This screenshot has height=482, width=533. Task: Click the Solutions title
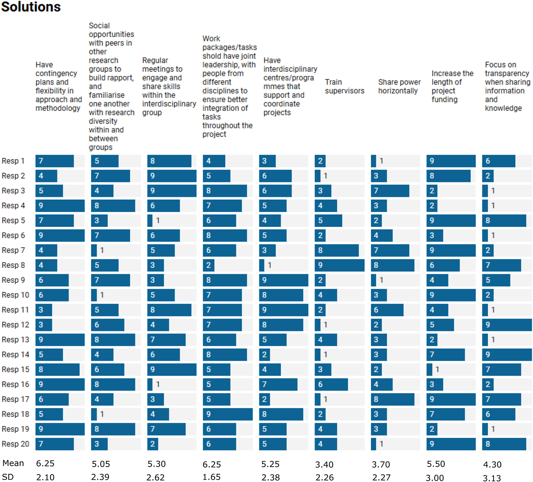click(31, 7)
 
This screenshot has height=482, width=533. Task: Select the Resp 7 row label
click(13, 250)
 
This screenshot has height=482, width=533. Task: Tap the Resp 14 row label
click(15, 354)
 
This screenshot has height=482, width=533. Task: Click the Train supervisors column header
click(344, 86)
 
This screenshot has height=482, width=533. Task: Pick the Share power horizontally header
click(399, 86)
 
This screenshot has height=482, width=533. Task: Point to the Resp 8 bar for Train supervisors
click(339, 265)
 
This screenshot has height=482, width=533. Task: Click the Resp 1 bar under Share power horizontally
click(373, 161)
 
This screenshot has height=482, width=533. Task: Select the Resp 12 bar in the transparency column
click(507, 325)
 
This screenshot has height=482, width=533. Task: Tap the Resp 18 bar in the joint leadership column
click(227, 414)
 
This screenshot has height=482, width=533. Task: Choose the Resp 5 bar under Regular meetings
click(150, 220)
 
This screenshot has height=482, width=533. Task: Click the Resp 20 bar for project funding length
click(451, 444)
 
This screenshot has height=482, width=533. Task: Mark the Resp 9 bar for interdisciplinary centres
click(283, 280)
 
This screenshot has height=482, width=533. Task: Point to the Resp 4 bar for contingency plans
click(60, 206)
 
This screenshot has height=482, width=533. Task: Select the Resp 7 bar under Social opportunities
click(94, 250)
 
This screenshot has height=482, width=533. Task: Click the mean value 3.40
click(324, 465)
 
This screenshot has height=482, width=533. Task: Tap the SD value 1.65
click(211, 477)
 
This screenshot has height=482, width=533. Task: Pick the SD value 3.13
click(492, 478)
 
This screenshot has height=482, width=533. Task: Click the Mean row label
click(13, 463)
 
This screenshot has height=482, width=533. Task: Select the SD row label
click(8, 477)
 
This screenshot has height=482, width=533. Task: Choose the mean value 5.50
click(436, 464)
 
